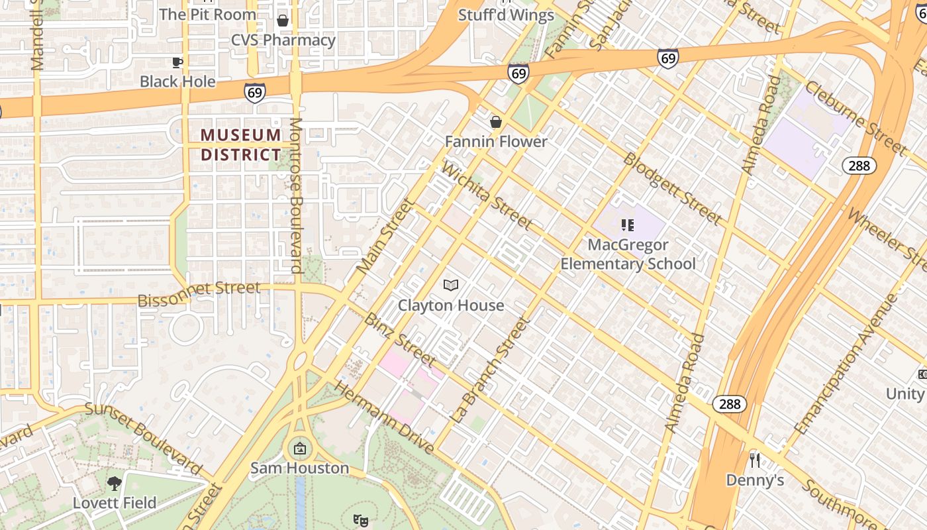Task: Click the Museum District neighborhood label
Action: pyautogui.click(x=241, y=145)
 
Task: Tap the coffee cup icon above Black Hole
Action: pyautogui.click(x=177, y=63)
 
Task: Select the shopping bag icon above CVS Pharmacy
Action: pyautogui.click(x=283, y=21)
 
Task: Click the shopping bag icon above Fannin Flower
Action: pyautogui.click(x=495, y=122)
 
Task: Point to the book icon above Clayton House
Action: pyautogui.click(x=451, y=286)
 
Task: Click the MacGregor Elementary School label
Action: pyautogui.click(x=628, y=254)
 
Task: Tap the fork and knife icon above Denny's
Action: pyautogui.click(x=754, y=460)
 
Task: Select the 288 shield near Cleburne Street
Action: pyautogui.click(x=859, y=166)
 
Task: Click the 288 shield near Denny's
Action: pyautogui.click(x=730, y=404)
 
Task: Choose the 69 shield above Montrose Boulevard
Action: pyautogui.click(x=255, y=92)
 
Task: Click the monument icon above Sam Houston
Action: pyautogui.click(x=299, y=449)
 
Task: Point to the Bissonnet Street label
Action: pyautogui.click(x=199, y=294)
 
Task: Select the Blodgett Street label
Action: pyautogui.click(x=672, y=189)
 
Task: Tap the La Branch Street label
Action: pyautogui.click(x=492, y=371)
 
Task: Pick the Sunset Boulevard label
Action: pyautogui.click(x=144, y=438)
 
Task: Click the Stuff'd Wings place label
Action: pyautogui.click(x=506, y=15)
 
